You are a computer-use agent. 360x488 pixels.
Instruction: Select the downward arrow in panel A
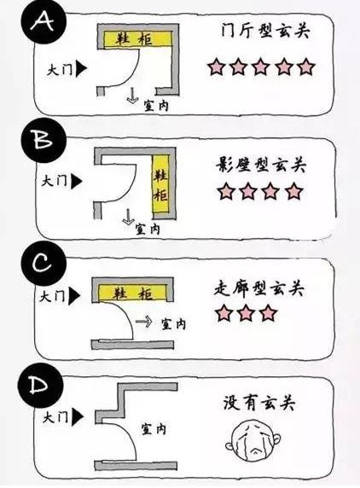(x=132, y=96)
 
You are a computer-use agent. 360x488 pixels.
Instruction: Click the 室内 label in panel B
(x=152, y=229)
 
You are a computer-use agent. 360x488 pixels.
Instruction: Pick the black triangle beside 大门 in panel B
(x=78, y=180)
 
